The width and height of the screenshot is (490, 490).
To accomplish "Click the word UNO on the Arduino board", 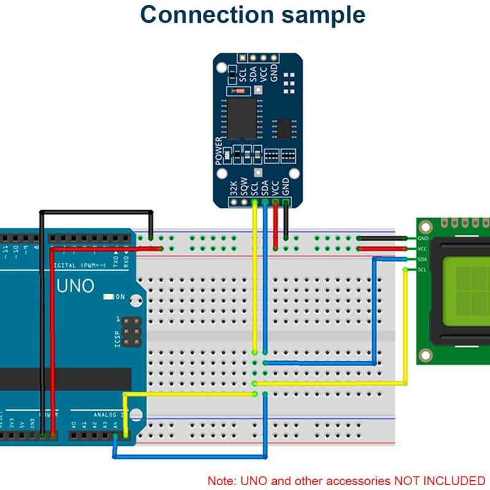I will coord(75,285).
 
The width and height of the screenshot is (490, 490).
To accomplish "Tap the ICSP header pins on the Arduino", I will coord(129,331).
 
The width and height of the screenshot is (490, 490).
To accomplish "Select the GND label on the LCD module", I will coord(422,238).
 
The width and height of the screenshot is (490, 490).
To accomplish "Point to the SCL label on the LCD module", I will coord(422,269).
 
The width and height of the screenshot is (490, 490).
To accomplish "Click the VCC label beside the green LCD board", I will coord(422,249).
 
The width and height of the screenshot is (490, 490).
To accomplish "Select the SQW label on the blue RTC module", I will coord(244,186).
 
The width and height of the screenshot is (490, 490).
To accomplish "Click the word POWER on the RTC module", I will coord(219,151).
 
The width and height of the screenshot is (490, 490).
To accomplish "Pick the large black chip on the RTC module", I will coord(243,118).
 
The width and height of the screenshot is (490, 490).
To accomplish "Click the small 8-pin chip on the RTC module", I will coord(284,128).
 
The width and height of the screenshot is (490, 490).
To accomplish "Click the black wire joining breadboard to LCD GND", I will coord(383,238).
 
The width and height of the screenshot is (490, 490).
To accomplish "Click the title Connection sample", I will coord(252,15).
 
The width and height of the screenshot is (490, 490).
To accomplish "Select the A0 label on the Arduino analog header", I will coord(74,423).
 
